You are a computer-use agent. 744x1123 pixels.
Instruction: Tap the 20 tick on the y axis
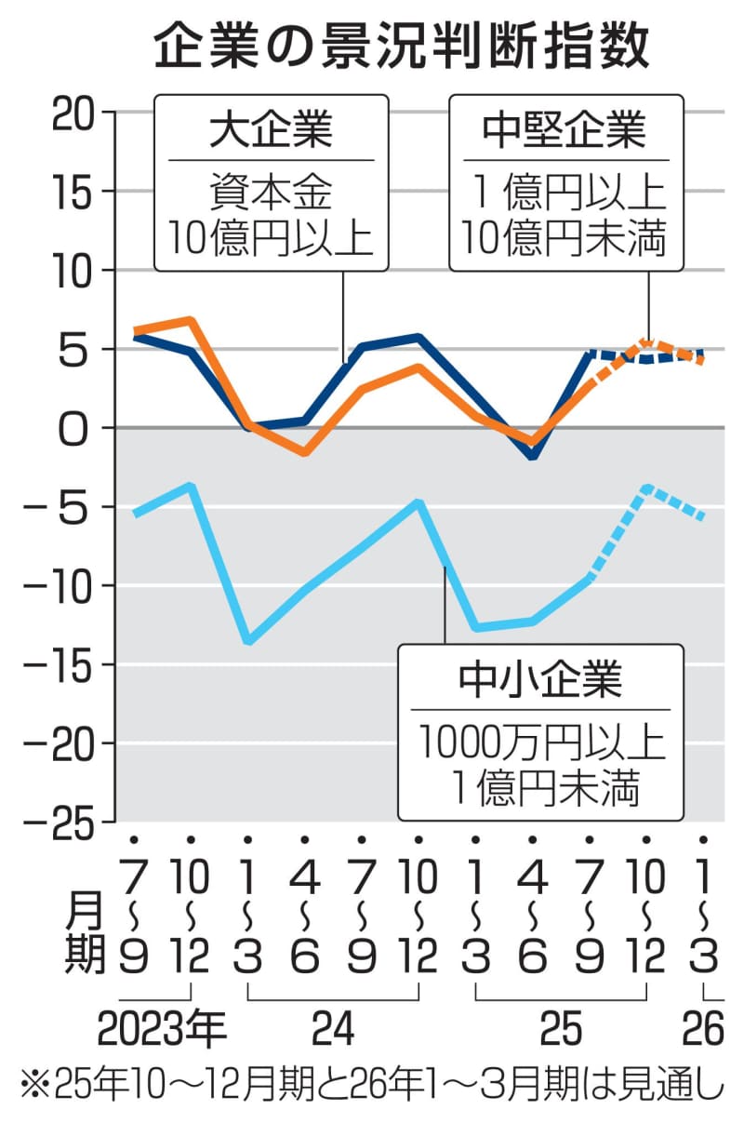pos(75,114)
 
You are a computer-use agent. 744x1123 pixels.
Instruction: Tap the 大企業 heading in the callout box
pos(270,130)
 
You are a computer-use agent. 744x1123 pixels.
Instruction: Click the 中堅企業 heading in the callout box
pos(565,130)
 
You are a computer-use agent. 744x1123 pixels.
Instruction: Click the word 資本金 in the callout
pos(270,195)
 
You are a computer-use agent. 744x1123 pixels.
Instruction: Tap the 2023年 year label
pos(161,1029)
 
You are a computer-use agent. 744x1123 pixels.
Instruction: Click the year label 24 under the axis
pos(332,1029)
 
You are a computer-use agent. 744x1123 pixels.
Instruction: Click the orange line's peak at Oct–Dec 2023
pos(190,321)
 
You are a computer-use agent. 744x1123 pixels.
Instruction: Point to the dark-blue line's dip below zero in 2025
pos(532,456)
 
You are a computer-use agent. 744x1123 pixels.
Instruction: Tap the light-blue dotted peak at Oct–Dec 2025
pos(646,488)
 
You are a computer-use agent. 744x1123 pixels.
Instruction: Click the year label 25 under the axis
pos(560,1029)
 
